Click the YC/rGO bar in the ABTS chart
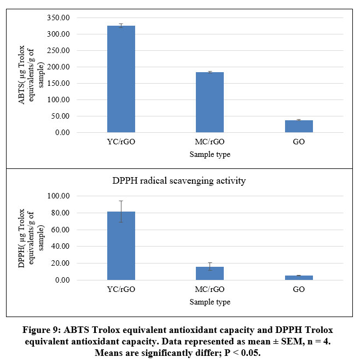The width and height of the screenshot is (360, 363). (121, 79)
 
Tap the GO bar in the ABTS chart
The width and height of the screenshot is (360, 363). (299, 126)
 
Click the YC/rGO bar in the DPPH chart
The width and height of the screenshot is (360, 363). (121, 246)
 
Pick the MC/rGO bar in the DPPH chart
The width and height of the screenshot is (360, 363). (210, 273)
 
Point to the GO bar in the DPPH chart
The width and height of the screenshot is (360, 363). (299, 278)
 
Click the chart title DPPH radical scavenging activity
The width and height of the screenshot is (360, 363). (210, 181)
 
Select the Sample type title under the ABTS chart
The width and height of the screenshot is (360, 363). (210, 155)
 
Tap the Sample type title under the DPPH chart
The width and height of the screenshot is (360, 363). (210, 302)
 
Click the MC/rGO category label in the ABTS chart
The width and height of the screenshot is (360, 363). (210, 142)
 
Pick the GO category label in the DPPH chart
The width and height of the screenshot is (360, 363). (299, 289)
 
